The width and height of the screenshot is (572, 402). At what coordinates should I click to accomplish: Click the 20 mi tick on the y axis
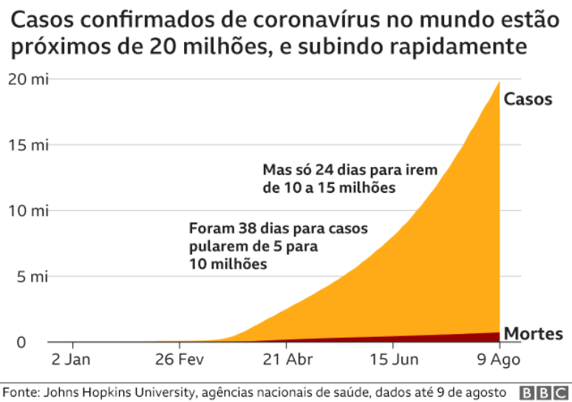(27, 80)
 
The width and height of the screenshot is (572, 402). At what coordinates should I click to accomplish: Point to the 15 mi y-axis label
(27, 145)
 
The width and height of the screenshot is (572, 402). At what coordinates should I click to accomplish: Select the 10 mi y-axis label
(27, 211)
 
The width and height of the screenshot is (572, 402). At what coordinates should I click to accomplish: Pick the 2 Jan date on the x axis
(72, 360)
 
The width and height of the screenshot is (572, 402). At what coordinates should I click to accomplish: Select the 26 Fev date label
(180, 360)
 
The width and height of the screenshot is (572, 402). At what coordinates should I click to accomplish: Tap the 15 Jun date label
(393, 360)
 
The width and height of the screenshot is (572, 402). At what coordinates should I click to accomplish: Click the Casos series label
(528, 99)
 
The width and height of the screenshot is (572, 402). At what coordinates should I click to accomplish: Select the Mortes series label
(533, 333)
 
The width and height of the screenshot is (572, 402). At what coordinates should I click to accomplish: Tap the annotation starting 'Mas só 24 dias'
(350, 179)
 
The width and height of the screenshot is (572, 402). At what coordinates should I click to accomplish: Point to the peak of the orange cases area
(499, 84)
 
